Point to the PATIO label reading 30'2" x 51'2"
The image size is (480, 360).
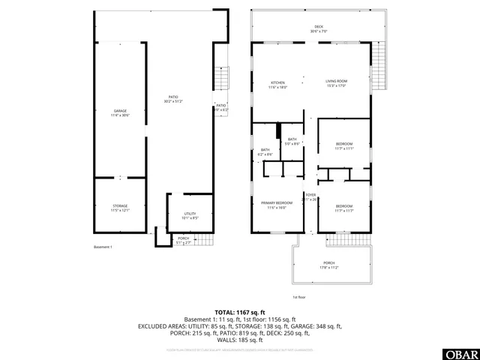click(173, 99)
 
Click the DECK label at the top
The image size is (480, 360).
click(319, 29)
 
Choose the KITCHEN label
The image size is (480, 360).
click(278, 83)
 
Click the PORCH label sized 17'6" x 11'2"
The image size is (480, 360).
click(329, 263)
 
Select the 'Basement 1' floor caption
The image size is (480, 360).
click(103, 247)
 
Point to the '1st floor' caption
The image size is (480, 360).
click(298, 297)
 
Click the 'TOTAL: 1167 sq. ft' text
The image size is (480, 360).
click(240, 312)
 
